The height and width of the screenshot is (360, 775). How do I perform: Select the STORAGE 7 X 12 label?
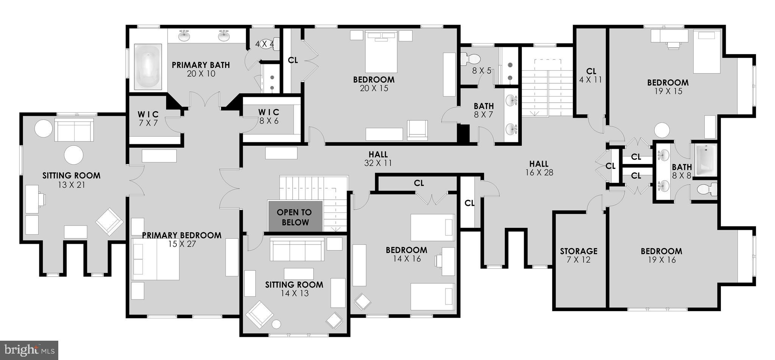pos(579,255)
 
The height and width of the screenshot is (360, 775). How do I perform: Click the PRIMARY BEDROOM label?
pos(182,239)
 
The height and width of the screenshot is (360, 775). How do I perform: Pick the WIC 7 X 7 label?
pos(148,118)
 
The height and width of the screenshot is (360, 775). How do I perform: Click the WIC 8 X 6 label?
pos(269,116)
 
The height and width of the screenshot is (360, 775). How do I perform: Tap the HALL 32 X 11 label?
pos(378,159)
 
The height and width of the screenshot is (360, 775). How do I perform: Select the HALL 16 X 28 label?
pos(539,168)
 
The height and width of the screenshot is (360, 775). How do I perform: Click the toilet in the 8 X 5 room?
pos(470,59)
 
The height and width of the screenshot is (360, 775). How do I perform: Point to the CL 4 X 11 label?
pos(591,75)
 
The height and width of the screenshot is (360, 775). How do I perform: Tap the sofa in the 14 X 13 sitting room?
pos(297,249)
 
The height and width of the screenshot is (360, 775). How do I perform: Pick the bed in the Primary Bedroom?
pos(156,259)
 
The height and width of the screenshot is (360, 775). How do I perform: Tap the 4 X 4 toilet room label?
pos(265,44)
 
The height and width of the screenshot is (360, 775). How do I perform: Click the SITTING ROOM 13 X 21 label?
pos(71,180)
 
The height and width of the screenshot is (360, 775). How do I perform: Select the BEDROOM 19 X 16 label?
pos(661,255)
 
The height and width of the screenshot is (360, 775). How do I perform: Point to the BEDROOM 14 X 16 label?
pos(406,254)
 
